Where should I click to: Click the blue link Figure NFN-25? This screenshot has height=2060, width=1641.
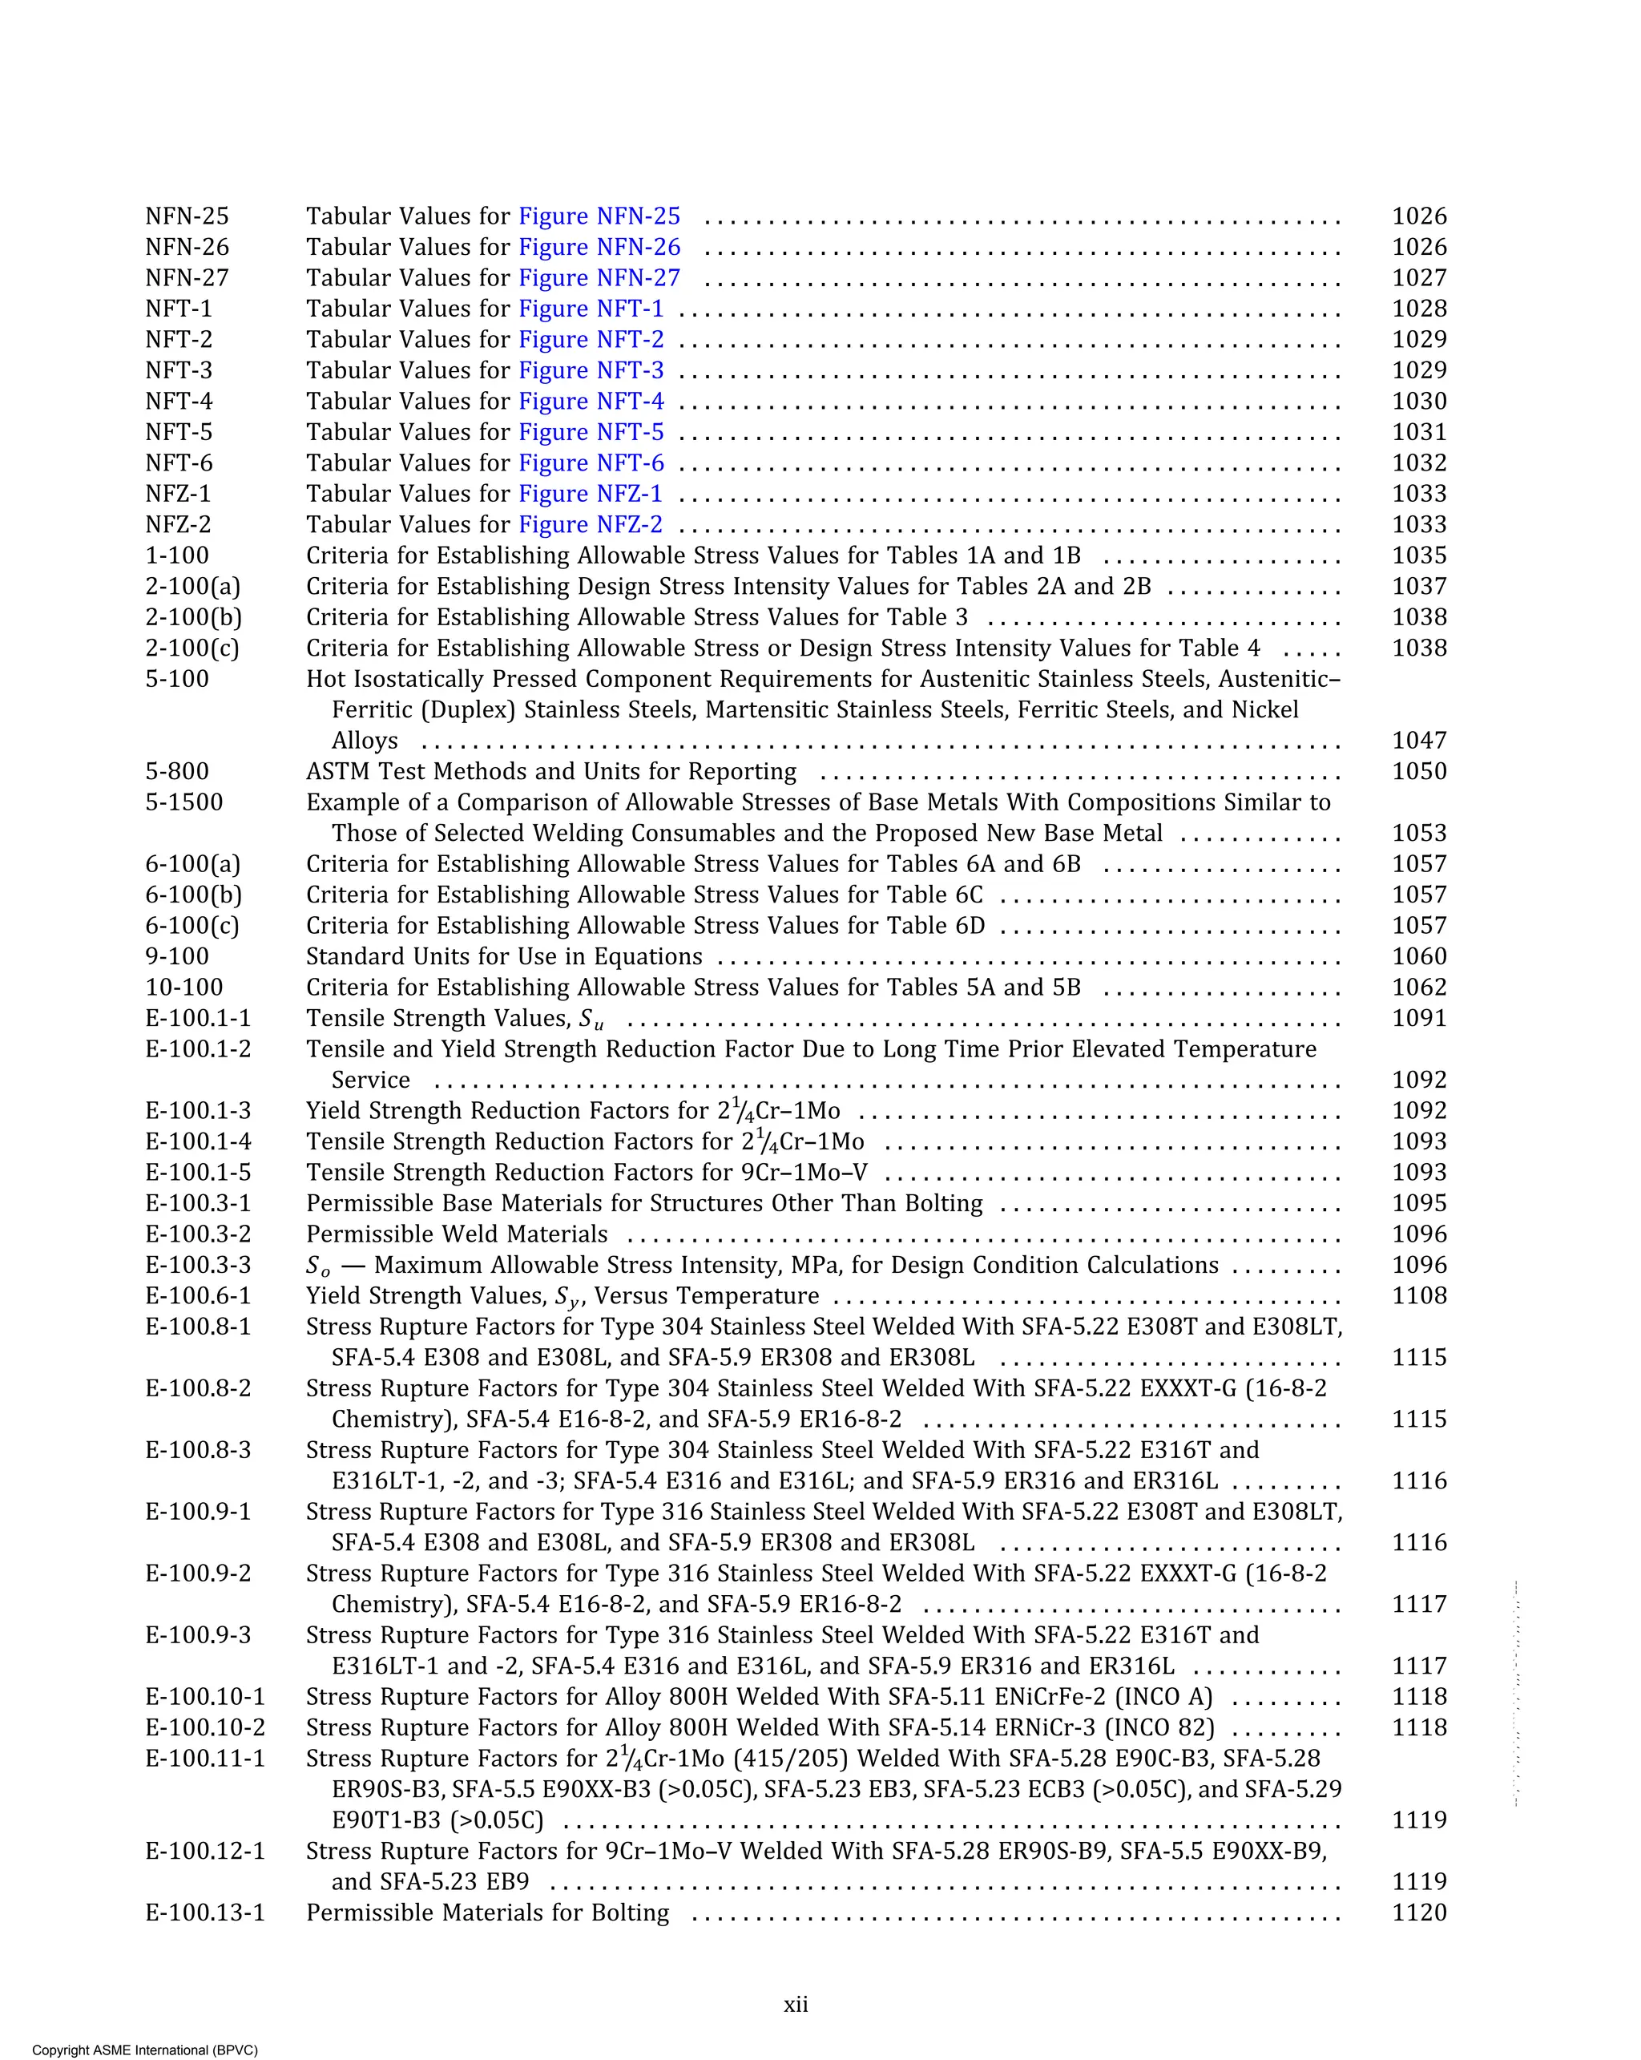pyautogui.click(x=599, y=217)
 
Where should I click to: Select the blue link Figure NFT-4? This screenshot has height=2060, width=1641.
pyautogui.click(x=591, y=402)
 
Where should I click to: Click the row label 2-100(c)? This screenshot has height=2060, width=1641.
pyautogui.click(x=192, y=648)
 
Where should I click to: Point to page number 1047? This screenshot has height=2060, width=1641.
pyautogui.click(x=1418, y=741)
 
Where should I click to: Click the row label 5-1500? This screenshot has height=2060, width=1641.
pyautogui.click(x=183, y=802)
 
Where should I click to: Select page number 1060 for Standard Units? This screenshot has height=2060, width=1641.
pyautogui.click(x=1418, y=956)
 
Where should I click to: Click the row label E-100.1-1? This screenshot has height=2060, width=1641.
pyautogui.click(x=198, y=1019)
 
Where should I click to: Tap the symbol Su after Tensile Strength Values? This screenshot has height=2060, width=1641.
pyautogui.click(x=591, y=1020)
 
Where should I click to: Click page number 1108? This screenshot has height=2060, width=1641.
pyautogui.click(x=1418, y=1297)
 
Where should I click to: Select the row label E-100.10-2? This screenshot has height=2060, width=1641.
pyautogui.click(x=204, y=1727)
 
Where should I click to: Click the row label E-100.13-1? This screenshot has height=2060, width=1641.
pyautogui.click(x=204, y=1913)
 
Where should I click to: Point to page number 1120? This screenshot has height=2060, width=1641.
pyautogui.click(x=1418, y=1913)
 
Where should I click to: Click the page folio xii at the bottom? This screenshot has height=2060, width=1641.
pyautogui.click(x=796, y=2004)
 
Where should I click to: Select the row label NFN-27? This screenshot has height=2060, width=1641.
pyautogui.click(x=187, y=278)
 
